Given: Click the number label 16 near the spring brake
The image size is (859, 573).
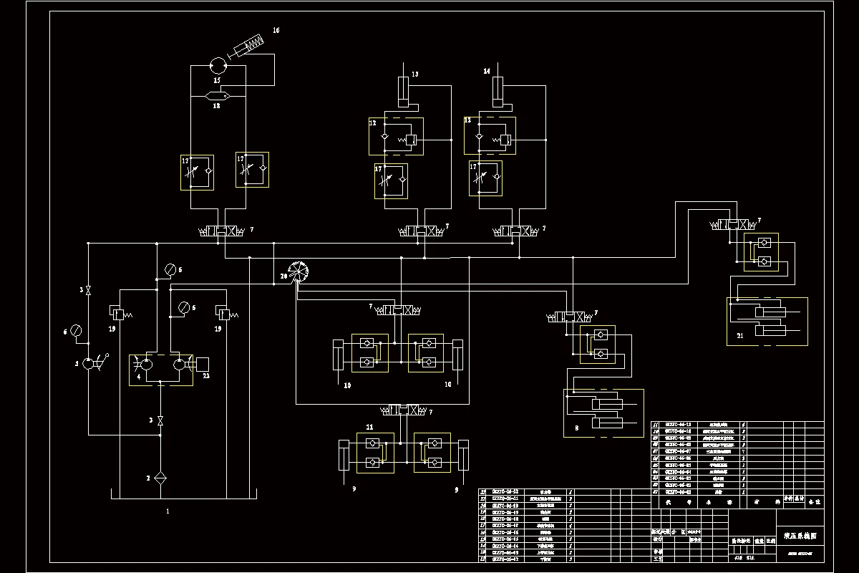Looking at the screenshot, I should pos(276,30).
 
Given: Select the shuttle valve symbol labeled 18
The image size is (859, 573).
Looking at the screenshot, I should pos(217,96).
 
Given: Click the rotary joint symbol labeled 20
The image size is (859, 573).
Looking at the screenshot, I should pos(299,272).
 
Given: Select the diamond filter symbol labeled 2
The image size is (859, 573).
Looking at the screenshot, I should pos(160,478).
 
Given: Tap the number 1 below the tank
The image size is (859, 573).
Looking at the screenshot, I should pos(168,511).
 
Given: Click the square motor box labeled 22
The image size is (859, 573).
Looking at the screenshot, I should pos(201,364).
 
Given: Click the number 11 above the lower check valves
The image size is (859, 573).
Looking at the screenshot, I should pos(369,427).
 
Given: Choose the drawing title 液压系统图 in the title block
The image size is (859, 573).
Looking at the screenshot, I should pos(799,535).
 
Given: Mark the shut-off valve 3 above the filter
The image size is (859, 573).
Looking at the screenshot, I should pos(160,420).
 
